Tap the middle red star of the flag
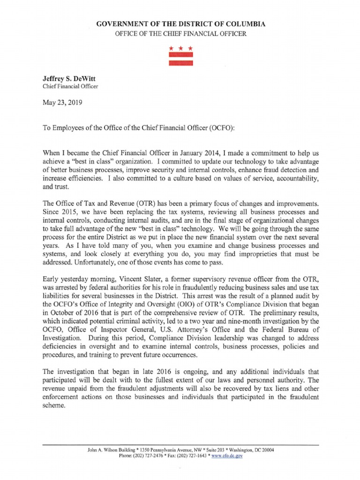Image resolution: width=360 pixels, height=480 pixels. click(x=181, y=48)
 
